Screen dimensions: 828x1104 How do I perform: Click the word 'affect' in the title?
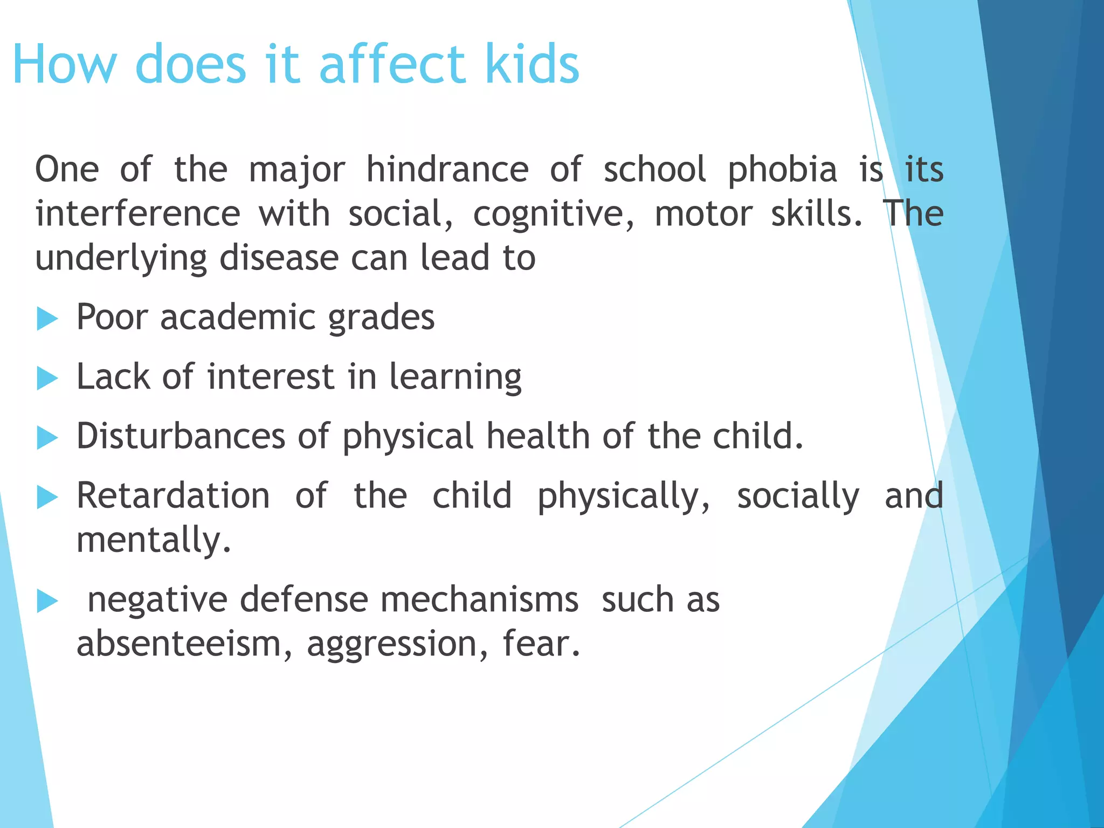click(x=392, y=64)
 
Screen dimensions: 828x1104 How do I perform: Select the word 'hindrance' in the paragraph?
click(x=447, y=169)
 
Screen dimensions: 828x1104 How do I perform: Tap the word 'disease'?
click(x=279, y=258)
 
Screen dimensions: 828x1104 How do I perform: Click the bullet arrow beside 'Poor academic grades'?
click(x=47, y=319)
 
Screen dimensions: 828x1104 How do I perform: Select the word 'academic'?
click(x=237, y=317)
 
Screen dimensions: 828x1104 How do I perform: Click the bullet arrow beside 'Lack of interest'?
click(x=47, y=378)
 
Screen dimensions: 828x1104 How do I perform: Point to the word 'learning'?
click(x=455, y=377)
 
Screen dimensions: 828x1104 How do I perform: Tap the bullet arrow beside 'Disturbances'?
click(x=47, y=438)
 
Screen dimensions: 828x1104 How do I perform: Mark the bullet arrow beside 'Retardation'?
click(x=47, y=498)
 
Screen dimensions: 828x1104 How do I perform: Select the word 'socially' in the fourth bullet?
click(x=798, y=496)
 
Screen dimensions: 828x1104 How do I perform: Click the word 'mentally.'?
click(x=154, y=540)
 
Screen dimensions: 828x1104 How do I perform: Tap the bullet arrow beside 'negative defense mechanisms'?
click(x=47, y=602)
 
